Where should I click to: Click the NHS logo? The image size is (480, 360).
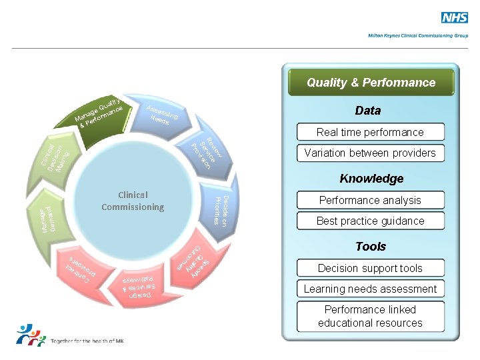point(455,18)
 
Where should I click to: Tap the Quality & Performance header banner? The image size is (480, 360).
point(371,83)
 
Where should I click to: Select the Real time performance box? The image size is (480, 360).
point(370,132)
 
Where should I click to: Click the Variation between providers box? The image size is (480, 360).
point(370,153)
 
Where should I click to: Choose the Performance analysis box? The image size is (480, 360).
point(370,200)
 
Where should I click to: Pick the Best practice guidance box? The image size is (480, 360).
point(370,221)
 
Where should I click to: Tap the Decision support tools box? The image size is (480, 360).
point(370,268)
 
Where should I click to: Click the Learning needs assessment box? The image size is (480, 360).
point(370,289)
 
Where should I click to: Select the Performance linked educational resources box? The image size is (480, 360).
point(370,316)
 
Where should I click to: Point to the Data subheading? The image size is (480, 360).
point(368,111)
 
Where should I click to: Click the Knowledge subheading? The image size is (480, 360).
point(371,179)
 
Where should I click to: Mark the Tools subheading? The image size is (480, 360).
point(371,247)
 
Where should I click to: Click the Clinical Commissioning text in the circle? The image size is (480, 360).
point(133,201)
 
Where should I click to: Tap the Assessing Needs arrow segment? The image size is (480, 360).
point(163,115)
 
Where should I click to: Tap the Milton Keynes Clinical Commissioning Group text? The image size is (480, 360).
point(418,35)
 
